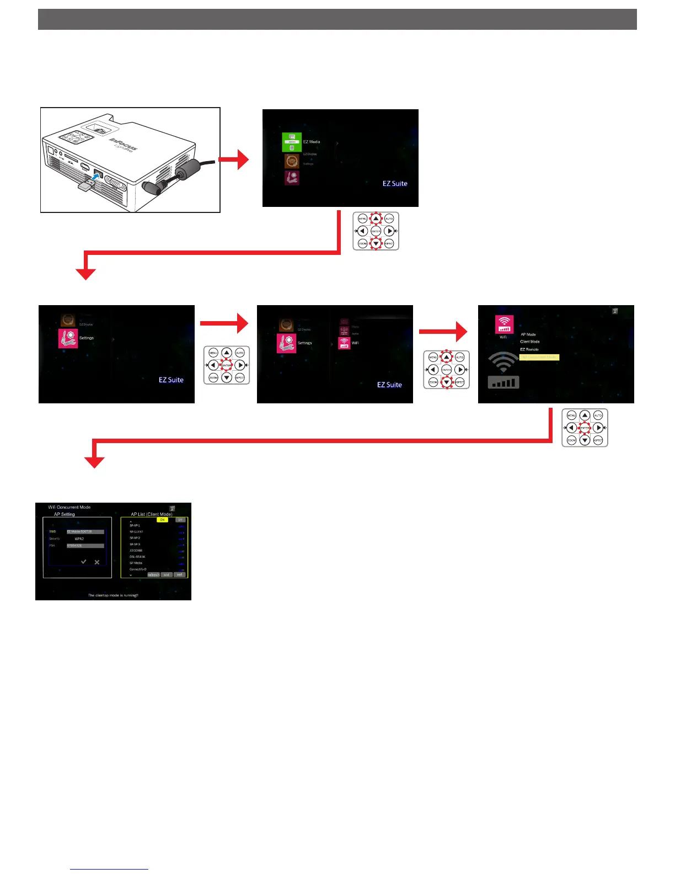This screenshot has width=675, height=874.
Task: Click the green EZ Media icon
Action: coord(292,142)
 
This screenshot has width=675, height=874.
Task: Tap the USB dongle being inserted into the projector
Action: coord(85,186)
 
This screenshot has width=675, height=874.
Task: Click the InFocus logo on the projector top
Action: coord(124,145)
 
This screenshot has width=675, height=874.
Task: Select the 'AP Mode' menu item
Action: coord(528,334)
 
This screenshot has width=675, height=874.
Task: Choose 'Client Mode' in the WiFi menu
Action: coord(529,342)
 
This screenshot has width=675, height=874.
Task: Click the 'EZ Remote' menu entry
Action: coord(529,349)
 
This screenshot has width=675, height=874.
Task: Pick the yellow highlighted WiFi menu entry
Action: coord(539,357)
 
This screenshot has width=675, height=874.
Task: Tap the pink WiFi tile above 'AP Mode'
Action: coord(504,324)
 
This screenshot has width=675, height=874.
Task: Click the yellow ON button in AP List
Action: coord(162,520)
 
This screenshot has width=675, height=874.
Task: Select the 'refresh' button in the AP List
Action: coord(153,574)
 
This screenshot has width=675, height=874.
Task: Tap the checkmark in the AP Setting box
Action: coord(84,562)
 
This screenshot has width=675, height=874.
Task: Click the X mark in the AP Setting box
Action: coord(97,562)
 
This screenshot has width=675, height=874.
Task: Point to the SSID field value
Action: coord(85,531)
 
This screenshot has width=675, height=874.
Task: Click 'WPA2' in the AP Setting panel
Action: coord(79,539)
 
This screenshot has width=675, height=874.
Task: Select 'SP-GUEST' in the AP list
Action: coord(136,531)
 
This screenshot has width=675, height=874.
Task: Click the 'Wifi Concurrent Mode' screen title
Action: coord(69,507)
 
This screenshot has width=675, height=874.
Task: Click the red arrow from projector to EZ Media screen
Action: coord(234,159)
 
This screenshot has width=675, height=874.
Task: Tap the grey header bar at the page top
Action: coord(337,19)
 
